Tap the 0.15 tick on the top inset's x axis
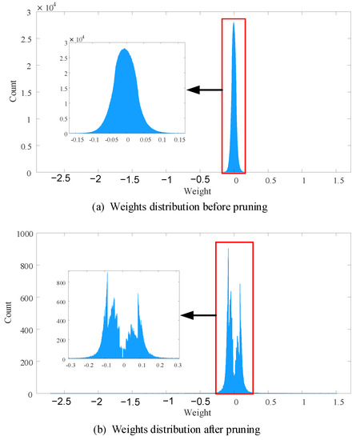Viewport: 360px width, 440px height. tap(178, 138)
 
